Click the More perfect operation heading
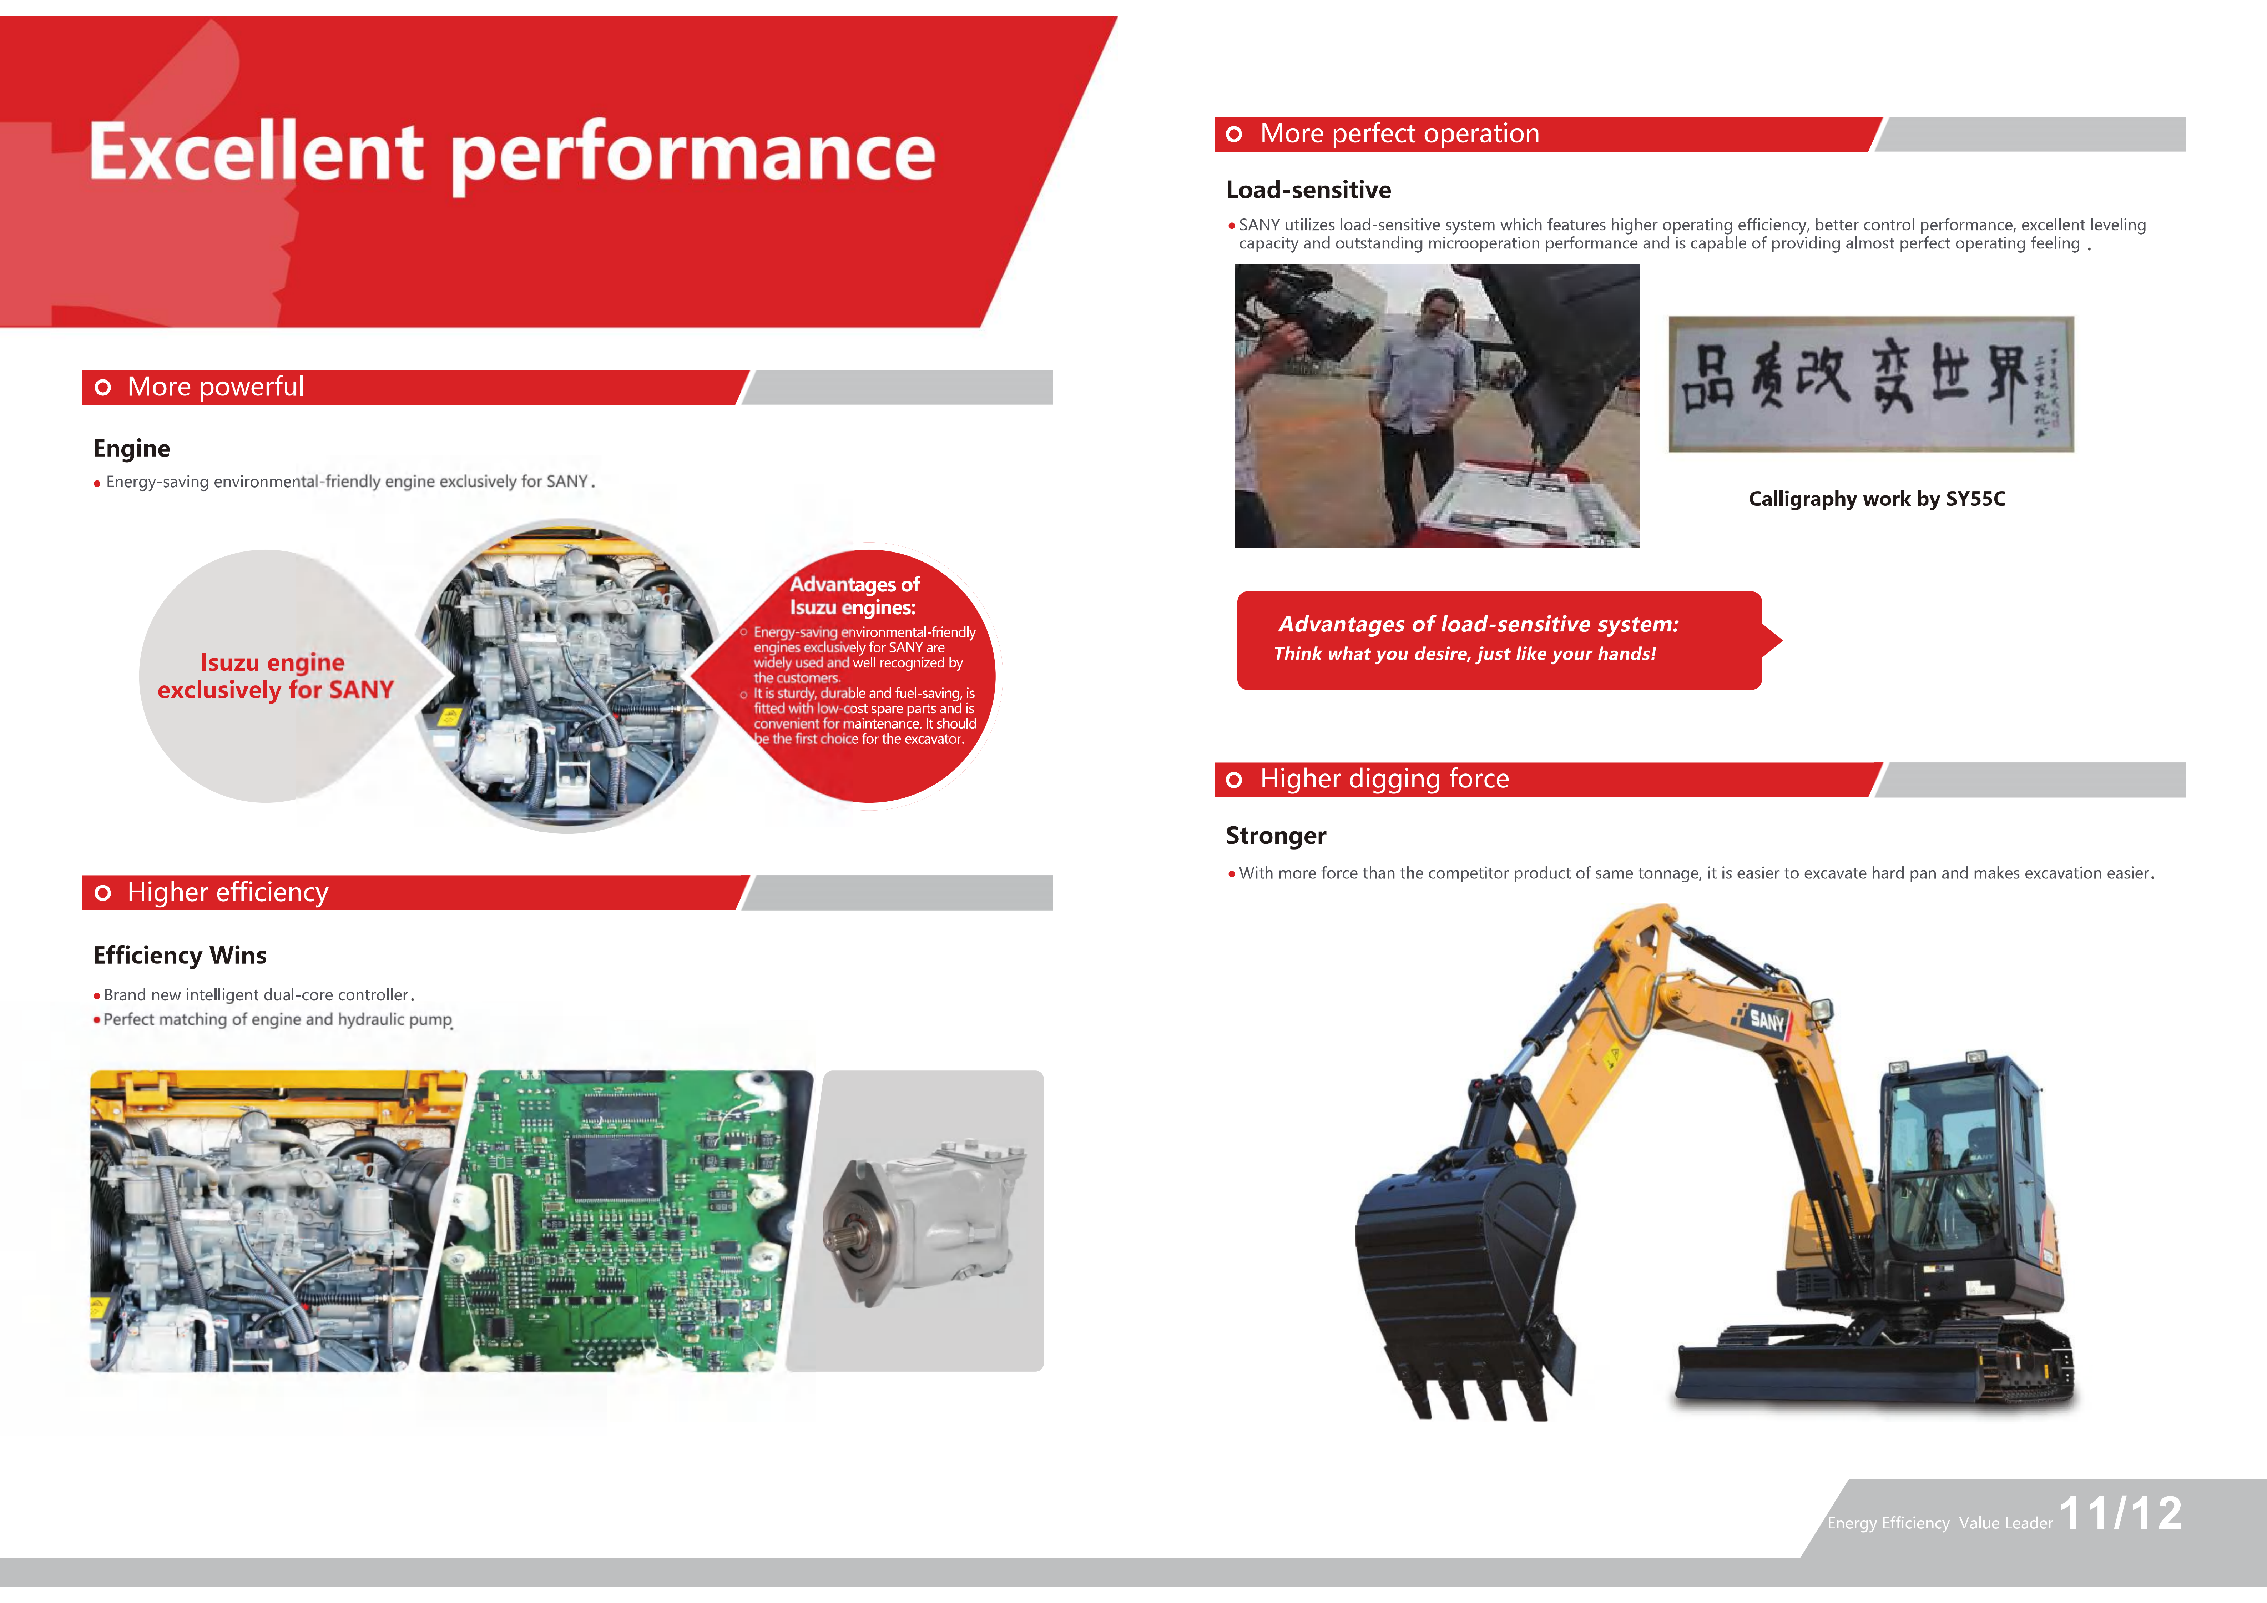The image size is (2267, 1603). coord(1399,133)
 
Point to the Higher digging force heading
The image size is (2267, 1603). coord(1384,779)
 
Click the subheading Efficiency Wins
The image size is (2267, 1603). coord(180,955)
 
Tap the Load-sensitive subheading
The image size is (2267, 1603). coord(1308,190)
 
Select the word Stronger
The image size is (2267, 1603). coord(1276,836)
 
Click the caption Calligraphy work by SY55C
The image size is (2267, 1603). coord(1877,499)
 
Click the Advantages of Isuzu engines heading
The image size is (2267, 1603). coord(854,596)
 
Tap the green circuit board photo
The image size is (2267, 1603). coord(617,1221)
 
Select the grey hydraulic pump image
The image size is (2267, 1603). coord(923,1221)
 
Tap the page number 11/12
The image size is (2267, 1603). coord(2121,1513)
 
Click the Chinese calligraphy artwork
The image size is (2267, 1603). coord(1871,384)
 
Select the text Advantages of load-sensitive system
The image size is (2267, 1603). coord(1478,624)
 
